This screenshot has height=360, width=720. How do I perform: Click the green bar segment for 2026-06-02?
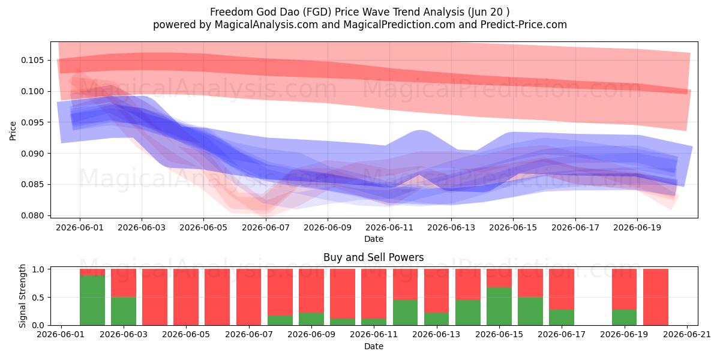pyautogui.click(x=92, y=300)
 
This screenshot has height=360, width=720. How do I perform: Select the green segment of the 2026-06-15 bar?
pyautogui.click(x=499, y=307)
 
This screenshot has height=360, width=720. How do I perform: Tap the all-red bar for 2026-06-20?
pyautogui.click(x=656, y=297)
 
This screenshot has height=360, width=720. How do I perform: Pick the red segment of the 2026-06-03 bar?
pyautogui.click(x=124, y=283)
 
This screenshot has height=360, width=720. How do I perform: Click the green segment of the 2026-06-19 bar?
pyautogui.click(x=624, y=317)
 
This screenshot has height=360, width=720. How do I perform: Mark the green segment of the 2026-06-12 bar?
pyautogui.click(x=405, y=313)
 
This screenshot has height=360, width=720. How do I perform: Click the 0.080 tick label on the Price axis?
pyautogui.click(x=33, y=215)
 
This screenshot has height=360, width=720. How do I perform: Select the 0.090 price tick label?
pyautogui.click(x=33, y=154)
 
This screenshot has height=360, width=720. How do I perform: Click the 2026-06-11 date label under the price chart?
pyautogui.click(x=389, y=227)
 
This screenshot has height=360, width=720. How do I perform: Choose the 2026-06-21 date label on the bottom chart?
pyautogui.click(x=687, y=334)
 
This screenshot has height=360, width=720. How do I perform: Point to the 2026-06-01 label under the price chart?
pyautogui.click(x=80, y=227)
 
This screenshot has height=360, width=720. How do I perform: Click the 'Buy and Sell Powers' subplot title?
pyautogui.click(x=373, y=257)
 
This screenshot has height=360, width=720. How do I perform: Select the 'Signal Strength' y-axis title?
pyautogui.click(x=22, y=296)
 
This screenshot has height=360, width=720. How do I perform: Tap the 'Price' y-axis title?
pyautogui.click(x=13, y=131)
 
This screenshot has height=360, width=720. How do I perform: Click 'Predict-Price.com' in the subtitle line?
pyautogui.click(x=524, y=25)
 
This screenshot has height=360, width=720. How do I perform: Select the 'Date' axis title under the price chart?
pyautogui.click(x=373, y=239)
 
